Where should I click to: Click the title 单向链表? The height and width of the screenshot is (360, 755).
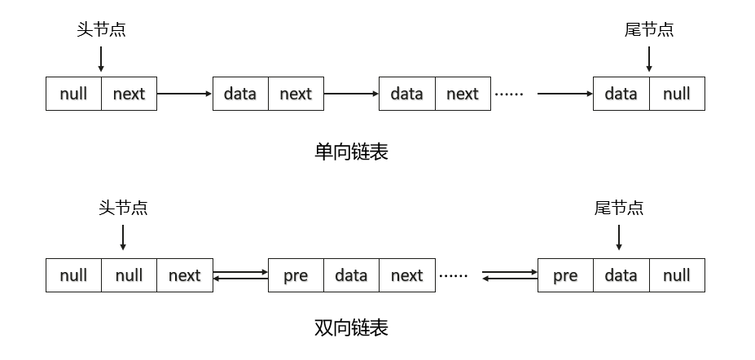point(351,151)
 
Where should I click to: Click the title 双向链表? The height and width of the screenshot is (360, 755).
point(351,327)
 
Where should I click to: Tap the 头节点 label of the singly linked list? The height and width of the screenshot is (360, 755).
point(101,30)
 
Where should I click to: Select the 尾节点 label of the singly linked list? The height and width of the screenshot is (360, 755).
point(649,30)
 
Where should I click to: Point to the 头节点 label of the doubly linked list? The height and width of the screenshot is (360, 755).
point(123,208)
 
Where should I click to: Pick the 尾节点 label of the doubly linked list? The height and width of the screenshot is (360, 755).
point(619,208)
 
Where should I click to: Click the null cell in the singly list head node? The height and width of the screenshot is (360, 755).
point(73,94)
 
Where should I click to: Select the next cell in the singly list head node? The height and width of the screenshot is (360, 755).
point(129,94)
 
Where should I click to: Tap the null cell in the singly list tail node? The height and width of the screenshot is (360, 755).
point(677,94)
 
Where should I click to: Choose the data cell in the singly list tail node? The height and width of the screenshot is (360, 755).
point(621,94)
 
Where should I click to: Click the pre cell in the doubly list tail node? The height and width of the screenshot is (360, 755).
point(565,275)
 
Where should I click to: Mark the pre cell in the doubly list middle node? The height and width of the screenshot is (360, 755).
point(296,275)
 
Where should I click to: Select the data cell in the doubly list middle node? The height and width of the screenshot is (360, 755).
point(351,275)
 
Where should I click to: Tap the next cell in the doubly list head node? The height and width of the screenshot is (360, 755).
point(184,275)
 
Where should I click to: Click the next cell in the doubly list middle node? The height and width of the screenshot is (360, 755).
point(406,275)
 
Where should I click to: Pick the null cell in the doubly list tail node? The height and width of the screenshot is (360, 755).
point(677,275)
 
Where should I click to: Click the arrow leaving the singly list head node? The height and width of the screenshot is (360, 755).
point(184,94)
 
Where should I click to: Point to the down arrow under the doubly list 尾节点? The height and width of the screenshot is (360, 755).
point(619,237)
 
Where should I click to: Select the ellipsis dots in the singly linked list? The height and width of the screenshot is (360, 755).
point(509,94)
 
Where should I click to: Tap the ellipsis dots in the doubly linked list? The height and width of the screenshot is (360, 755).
point(454,276)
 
